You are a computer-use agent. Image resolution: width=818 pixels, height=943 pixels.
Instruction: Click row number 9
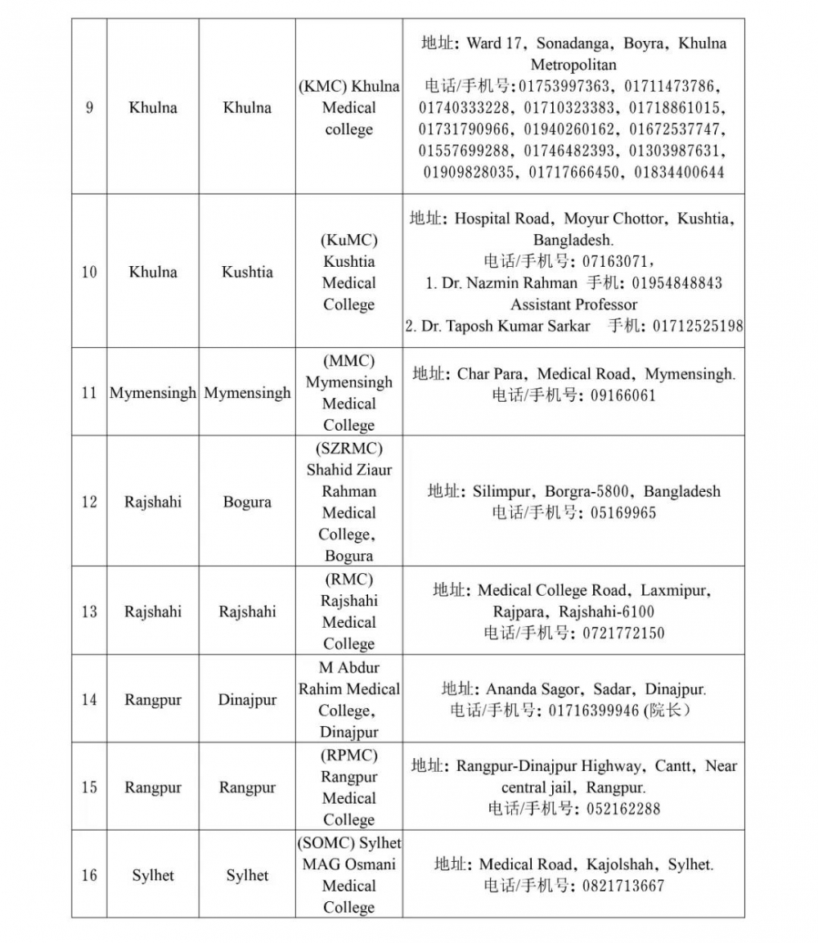88,108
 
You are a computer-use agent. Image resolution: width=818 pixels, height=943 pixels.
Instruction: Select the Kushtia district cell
247,273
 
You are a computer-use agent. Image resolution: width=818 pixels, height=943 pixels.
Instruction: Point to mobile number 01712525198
698,326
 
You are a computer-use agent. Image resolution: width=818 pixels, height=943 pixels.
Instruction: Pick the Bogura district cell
247,502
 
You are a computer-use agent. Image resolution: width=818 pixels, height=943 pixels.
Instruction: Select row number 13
88,611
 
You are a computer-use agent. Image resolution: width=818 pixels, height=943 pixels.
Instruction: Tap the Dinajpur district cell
247,700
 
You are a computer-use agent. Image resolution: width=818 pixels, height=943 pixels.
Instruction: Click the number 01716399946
594,711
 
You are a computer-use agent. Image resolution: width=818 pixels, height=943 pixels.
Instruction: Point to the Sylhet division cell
153,875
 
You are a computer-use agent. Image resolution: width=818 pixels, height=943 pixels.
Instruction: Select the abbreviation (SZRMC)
348,449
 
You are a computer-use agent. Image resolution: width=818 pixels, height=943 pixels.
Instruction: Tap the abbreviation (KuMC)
348,241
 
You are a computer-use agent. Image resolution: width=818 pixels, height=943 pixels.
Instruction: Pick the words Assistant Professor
573,305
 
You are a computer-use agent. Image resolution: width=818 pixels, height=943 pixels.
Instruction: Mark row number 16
88,875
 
